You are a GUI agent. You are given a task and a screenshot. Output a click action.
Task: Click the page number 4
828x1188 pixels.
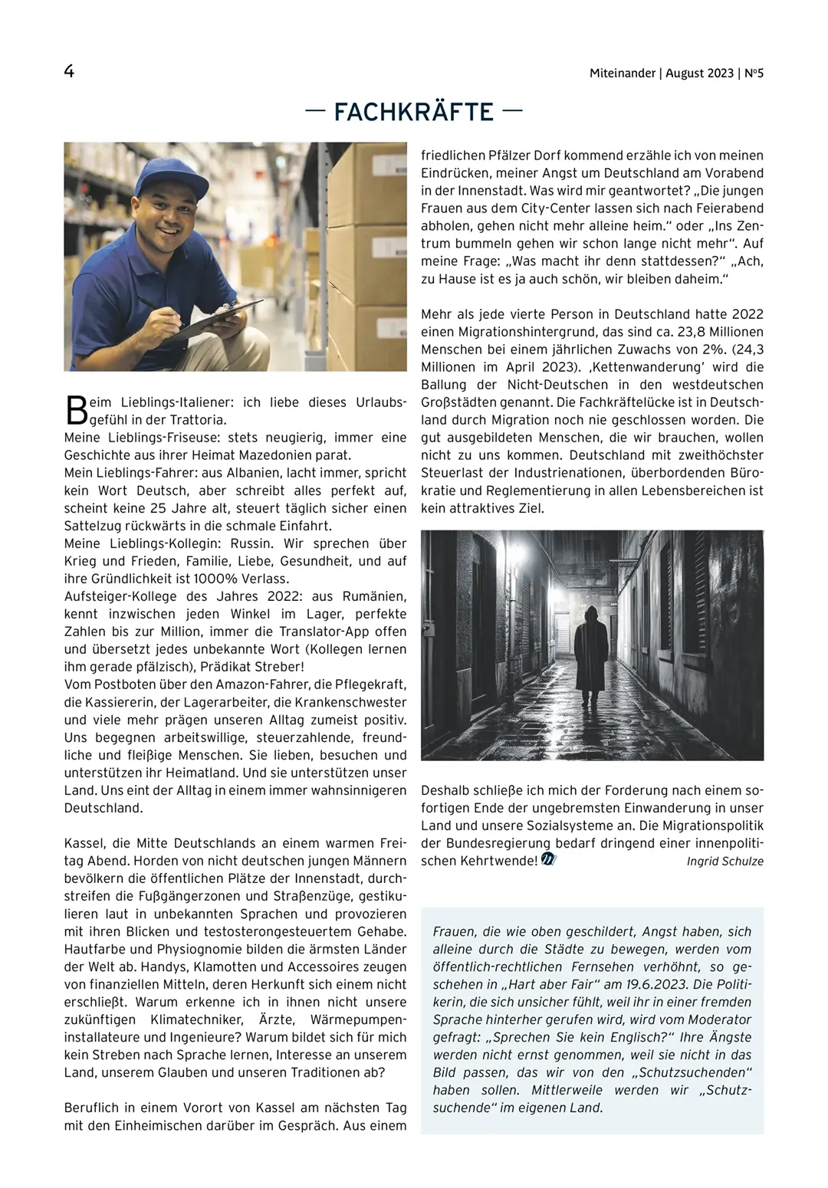pyautogui.click(x=69, y=72)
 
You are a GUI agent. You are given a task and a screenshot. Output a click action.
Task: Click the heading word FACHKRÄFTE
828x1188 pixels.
pyautogui.click(x=414, y=113)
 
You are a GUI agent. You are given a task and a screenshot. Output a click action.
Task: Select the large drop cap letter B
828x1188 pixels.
pyautogui.click(x=76, y=410)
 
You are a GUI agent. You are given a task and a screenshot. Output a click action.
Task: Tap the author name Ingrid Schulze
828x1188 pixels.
pyautogui.click(x=725, y=861)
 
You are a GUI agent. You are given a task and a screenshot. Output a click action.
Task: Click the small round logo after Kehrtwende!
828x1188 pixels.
pyautogui.click(x=548, y=860)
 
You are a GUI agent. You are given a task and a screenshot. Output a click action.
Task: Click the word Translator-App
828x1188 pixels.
pyautogui.click(x=321, y=632)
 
